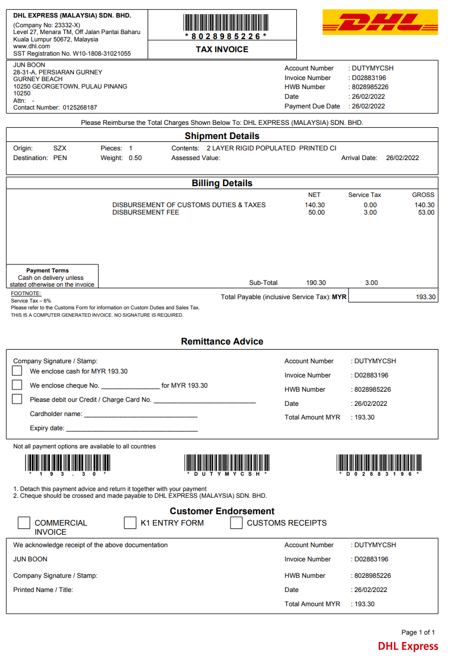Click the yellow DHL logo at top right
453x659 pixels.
(x=380, y=22)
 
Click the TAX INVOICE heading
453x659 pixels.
(x=222, y=49)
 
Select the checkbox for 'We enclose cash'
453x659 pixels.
(x=17, y=371)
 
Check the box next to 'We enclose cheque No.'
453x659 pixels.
(x=17, y=385)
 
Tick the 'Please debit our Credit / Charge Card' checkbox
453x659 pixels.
(x=17, y=399)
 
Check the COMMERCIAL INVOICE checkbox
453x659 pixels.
(x=23, y=523)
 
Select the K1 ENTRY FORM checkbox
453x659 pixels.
(x=130, y=523)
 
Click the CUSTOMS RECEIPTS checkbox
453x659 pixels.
(x=236, y=523)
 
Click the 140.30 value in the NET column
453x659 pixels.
(x=315, y=205)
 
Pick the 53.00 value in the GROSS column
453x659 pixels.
(x=426, y=212)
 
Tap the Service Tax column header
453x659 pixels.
(x=364, y=195)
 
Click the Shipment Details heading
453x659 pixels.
(x=222, y=136)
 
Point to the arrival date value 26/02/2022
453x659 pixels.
(x=402, y=158)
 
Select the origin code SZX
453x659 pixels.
(x=60, y=148)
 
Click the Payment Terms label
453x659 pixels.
(x=48, y=271)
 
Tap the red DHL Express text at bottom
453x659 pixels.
(x=408, y=646)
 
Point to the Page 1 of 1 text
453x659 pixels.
(x=418, y=632)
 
